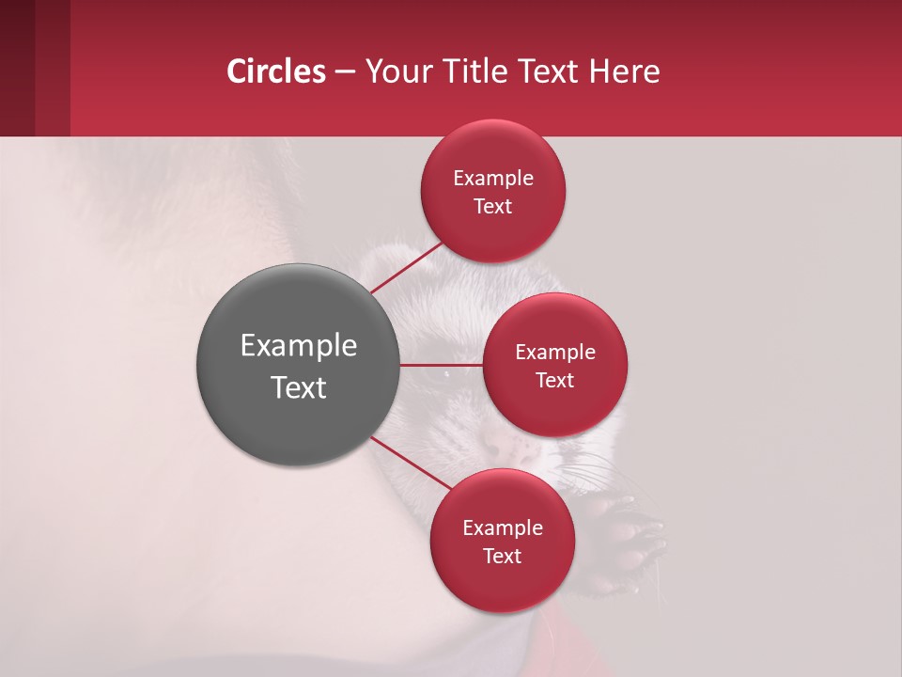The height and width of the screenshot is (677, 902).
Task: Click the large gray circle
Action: click(x=298, y=365)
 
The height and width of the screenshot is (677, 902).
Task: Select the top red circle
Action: click(x=493, y=191)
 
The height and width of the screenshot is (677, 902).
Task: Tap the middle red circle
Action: click(x=555, y=365)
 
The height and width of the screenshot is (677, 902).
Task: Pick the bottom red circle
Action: click(x=502, y=541)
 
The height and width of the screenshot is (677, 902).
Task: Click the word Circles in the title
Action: click(x=276, y=71)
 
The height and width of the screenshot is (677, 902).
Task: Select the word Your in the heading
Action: click(x=397, y=71)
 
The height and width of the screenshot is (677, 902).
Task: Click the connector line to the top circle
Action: click(x=406, y=267)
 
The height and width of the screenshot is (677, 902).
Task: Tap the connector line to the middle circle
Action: click(x=441, y=365)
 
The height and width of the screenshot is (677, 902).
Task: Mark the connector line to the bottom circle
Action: click(x=411, y=463)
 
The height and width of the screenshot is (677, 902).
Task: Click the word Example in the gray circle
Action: click(x=298, y=346)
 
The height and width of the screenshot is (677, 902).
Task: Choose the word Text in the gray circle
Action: click(x=298, y=387)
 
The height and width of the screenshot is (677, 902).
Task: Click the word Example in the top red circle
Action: click(x=493, y=179)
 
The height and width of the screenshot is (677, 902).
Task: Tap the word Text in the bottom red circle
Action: click(x=502, y=556)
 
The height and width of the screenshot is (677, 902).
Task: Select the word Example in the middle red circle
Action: click(x=555, y=353)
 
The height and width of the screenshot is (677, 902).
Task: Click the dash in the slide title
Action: click(x=345, y=72)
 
